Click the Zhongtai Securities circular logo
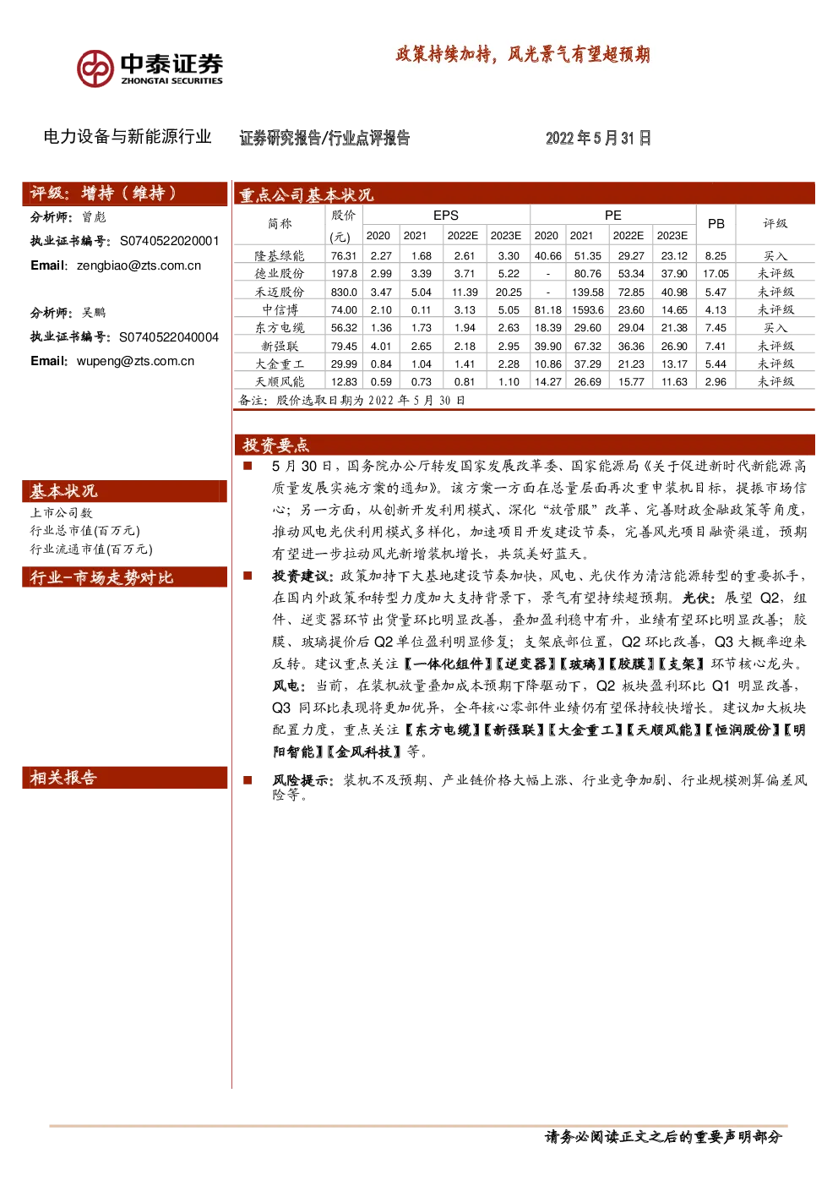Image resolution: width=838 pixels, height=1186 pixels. [x=95, y=68]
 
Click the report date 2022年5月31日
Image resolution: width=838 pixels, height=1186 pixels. [x=598, y=138]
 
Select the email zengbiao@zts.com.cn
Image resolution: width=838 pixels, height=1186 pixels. [x=139, y=265]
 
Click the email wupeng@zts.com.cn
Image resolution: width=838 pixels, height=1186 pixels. [x=135, y=361]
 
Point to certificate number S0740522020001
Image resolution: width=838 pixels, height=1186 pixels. [x=169, y=241]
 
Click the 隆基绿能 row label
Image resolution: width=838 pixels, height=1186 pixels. [x=280, y=256]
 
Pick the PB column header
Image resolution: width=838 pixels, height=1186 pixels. [x=716, y=224]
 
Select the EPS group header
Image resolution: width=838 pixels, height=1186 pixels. [x=446, y=216]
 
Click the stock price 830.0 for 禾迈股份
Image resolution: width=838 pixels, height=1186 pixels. [x=344, y=292]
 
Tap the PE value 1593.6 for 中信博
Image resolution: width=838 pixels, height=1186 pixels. [x=588, y=309]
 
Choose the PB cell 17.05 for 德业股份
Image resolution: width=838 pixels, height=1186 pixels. [x=716, y=274]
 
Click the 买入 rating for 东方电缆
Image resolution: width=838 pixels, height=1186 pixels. [x=775, y=328]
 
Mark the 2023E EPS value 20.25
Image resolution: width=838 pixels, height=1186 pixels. [x=509, y=292]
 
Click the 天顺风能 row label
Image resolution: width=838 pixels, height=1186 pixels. [x=280, y=382]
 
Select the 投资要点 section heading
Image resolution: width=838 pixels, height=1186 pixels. [x=275, y=445]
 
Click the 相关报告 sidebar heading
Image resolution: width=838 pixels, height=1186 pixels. [x=63, y=777]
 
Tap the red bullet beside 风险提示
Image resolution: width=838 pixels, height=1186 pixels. [x=247, y=780]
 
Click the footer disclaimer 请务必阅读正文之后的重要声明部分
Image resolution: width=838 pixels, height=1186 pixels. [x=663, y=1137]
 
